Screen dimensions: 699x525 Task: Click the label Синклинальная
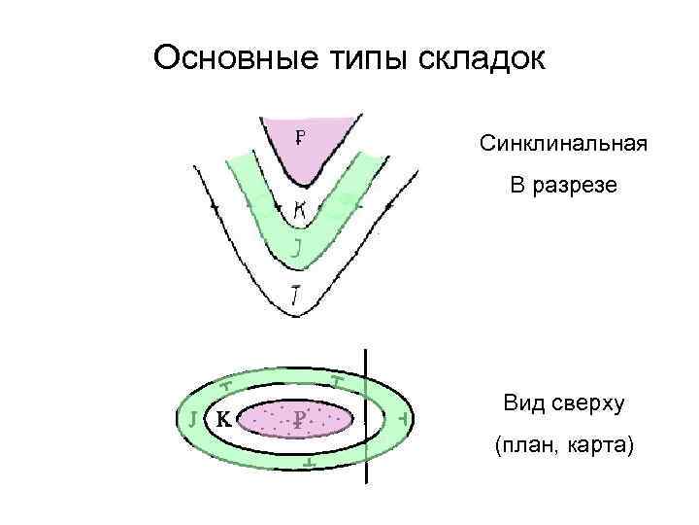[x=562, y=145]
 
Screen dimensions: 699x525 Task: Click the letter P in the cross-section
[x=301, y=137]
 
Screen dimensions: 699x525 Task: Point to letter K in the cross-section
[x=300, y=207]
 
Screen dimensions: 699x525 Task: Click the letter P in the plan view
[x=300, y=419]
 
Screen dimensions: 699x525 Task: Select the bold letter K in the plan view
[x=222, y=420]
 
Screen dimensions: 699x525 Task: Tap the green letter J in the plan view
[x=194, y=420]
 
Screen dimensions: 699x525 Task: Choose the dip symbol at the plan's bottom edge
[x=309, y=464]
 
